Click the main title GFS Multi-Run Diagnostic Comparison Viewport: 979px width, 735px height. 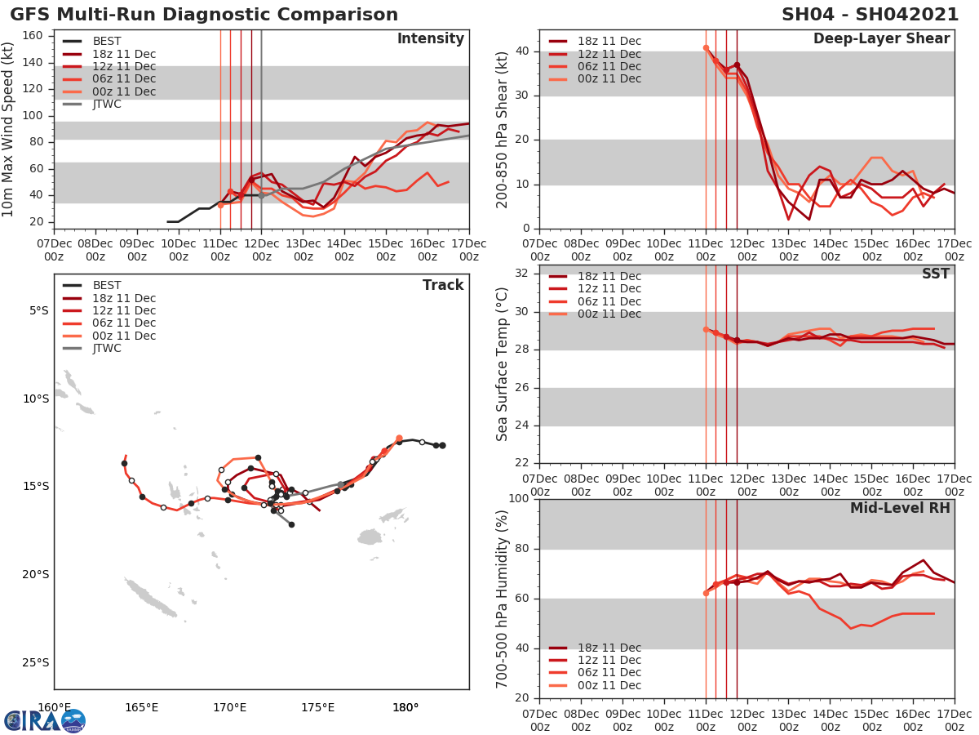pyautogui.click(x=204, y=15)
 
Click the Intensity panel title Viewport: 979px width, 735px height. pyautogui.click(x=430, y=39)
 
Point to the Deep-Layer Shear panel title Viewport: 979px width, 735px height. pyautogui.click(x=881, y=39)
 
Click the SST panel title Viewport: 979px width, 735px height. pyautogui.click(x=935, y=274)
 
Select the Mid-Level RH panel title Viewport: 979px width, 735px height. pyautogui.click(x=900, y=508)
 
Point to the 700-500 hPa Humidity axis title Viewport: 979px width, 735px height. pyautogui.click(x=503, y=598)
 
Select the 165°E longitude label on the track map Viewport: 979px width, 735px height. pyautogui.click(x=141, y=707)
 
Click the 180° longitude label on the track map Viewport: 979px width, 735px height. pyautogui.click(x=405, y=707)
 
